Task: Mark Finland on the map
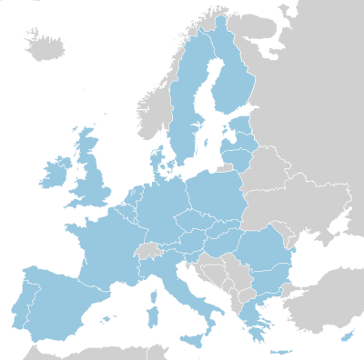(x=232, y=73)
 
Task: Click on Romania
(x=264, y=250)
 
